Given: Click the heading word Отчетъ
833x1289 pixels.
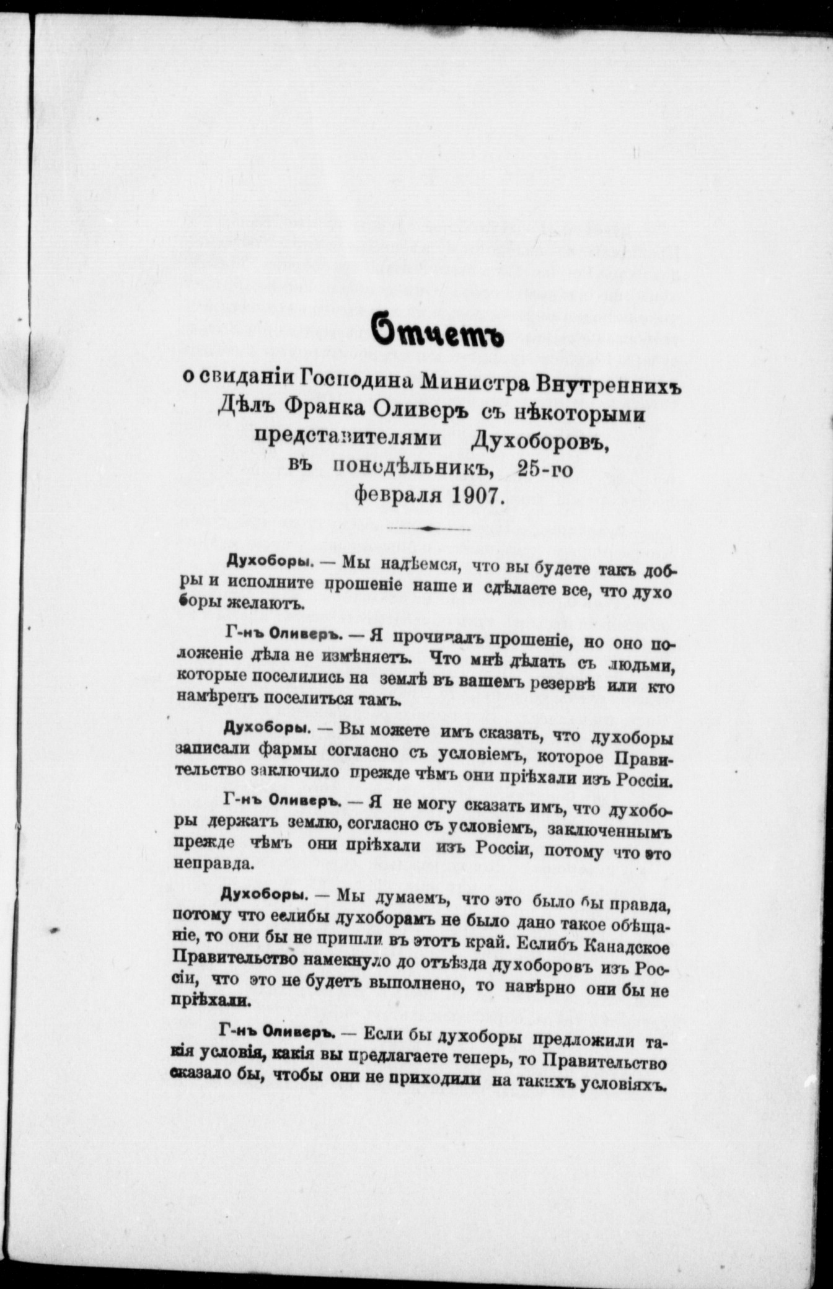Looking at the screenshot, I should pyautogui.click(x=437, y=336).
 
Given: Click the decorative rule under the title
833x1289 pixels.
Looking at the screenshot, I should pyautogui.click(x=428, y=529).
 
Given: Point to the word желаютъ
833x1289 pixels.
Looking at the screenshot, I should pyautogui.click(x=268, y=604).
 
